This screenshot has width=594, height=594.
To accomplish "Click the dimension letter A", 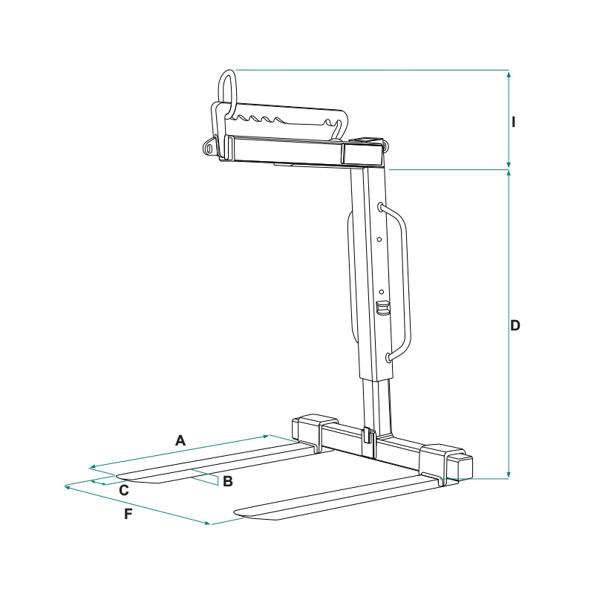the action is [180, 440].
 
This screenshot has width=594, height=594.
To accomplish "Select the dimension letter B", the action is [228, 481].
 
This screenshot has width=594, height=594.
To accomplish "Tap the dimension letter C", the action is [124, 490].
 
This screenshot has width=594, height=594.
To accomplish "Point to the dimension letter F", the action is [128, 514].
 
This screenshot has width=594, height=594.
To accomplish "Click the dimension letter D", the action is [515, 325].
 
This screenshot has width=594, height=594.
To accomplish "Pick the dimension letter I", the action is [513, 122].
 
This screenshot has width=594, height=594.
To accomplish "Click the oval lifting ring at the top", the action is [227, 91].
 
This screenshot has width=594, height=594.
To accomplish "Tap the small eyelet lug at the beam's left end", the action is [209, 147].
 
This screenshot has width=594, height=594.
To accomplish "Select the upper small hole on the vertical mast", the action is [379, 239].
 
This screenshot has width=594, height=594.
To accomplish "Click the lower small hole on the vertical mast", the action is [382, 292].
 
